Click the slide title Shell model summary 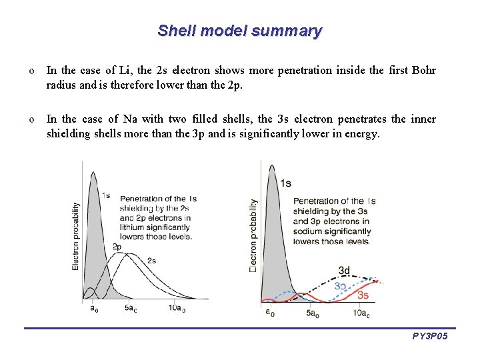click(240, 31)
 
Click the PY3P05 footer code click(430, 337)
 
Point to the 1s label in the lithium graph click(106, 195)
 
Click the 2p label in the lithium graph click(116, 247)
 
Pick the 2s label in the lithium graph click(152, 260)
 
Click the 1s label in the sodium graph click(285, 183)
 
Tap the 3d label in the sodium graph click(344, 271)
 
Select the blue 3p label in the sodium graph click(340, 285)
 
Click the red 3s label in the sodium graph click(363, 295)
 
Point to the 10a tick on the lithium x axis click(177, 308)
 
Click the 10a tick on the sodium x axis click(361, 313)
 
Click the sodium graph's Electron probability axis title click(253, 235)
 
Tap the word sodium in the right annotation click(307, 231)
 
